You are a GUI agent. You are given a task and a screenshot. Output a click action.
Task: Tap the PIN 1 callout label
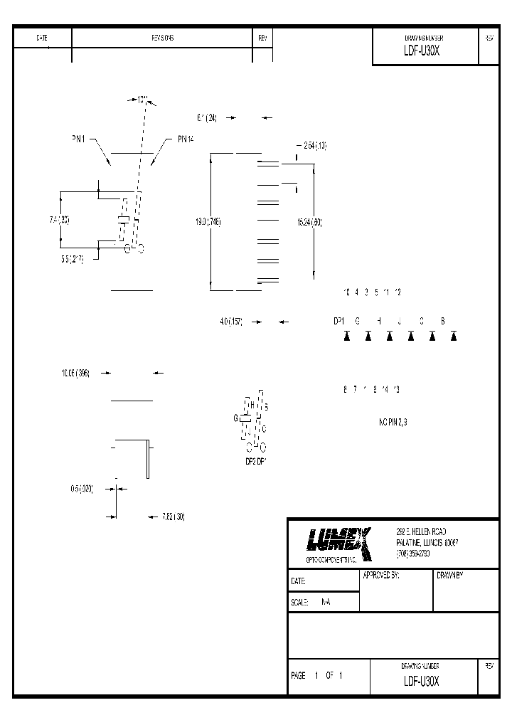click(78, 141)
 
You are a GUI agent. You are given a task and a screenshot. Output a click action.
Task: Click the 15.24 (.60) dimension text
click(309, 222)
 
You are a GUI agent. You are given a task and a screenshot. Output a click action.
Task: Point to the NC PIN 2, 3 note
click(393, 422)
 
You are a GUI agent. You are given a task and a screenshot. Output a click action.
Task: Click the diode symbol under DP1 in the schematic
click(347, 336)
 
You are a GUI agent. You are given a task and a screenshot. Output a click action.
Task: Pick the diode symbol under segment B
click(452, 336)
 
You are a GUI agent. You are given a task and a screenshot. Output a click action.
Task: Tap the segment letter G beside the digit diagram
click(235, 418)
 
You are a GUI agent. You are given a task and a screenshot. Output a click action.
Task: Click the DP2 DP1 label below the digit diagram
click(255, 461)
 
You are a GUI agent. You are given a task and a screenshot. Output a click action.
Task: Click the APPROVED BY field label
click(381, 575)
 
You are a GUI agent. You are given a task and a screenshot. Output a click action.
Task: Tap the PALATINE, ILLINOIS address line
click(427, 542)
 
